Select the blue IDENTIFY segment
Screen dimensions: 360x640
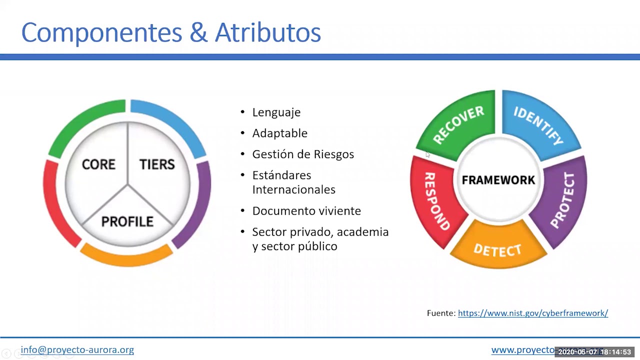(538, 124)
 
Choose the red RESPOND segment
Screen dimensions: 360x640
(436, 200)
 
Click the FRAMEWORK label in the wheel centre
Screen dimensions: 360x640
(498, 180)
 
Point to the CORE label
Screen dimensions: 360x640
(98, 164)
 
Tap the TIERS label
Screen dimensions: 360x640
(157, 164)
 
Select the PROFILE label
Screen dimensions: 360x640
(127, 221)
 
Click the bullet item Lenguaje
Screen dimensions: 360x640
(276, 112)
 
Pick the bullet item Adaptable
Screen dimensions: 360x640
(279, 133)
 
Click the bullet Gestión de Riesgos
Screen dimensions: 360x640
(303, 154)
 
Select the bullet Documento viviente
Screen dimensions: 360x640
(306, 211)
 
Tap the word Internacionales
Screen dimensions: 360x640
(293, 190)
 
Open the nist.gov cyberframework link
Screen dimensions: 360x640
(532, 313)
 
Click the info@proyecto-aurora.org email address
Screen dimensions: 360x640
(77, 350)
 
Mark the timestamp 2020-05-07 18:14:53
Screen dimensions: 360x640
(594, 352)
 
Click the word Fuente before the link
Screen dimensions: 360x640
(441, 313)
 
